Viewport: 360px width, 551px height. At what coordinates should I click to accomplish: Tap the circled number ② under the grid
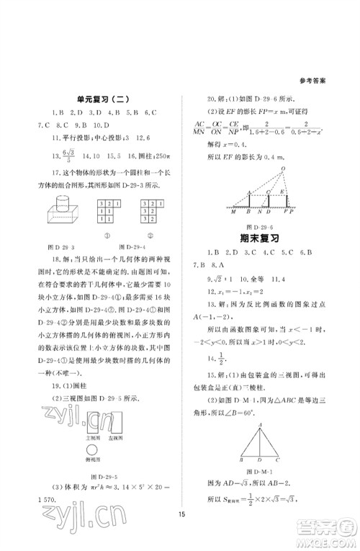pyautogui.click(x=147, y=234)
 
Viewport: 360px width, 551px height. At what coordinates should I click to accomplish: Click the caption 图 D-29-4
pyautogui.click(x=127, y=246)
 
